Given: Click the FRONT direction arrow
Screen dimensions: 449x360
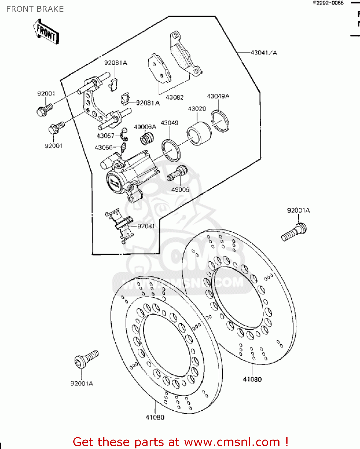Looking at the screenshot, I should point(46,32).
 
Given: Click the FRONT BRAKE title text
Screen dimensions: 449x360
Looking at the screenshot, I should point(35,9).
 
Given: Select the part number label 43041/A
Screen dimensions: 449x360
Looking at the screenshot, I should point(264,53).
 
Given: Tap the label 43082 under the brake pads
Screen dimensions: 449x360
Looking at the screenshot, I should point(174,97).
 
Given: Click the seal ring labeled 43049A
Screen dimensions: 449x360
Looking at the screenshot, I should point(220,121).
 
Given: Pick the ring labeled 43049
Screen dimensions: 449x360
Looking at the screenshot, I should point(171,150).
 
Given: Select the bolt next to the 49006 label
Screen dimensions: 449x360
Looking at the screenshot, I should point(177,173).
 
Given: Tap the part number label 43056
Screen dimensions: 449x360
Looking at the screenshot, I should point(104,148).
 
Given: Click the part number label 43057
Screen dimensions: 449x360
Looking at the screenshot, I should point(105,136).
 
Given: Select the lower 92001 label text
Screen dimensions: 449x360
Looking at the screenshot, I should point(54,146).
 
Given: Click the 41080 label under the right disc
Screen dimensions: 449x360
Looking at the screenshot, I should point(252,379).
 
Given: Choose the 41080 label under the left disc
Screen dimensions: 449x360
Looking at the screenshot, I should point(155,417).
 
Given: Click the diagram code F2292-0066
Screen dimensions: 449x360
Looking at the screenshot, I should point(328,3).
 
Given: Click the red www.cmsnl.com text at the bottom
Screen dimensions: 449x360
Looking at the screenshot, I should point(232,442).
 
